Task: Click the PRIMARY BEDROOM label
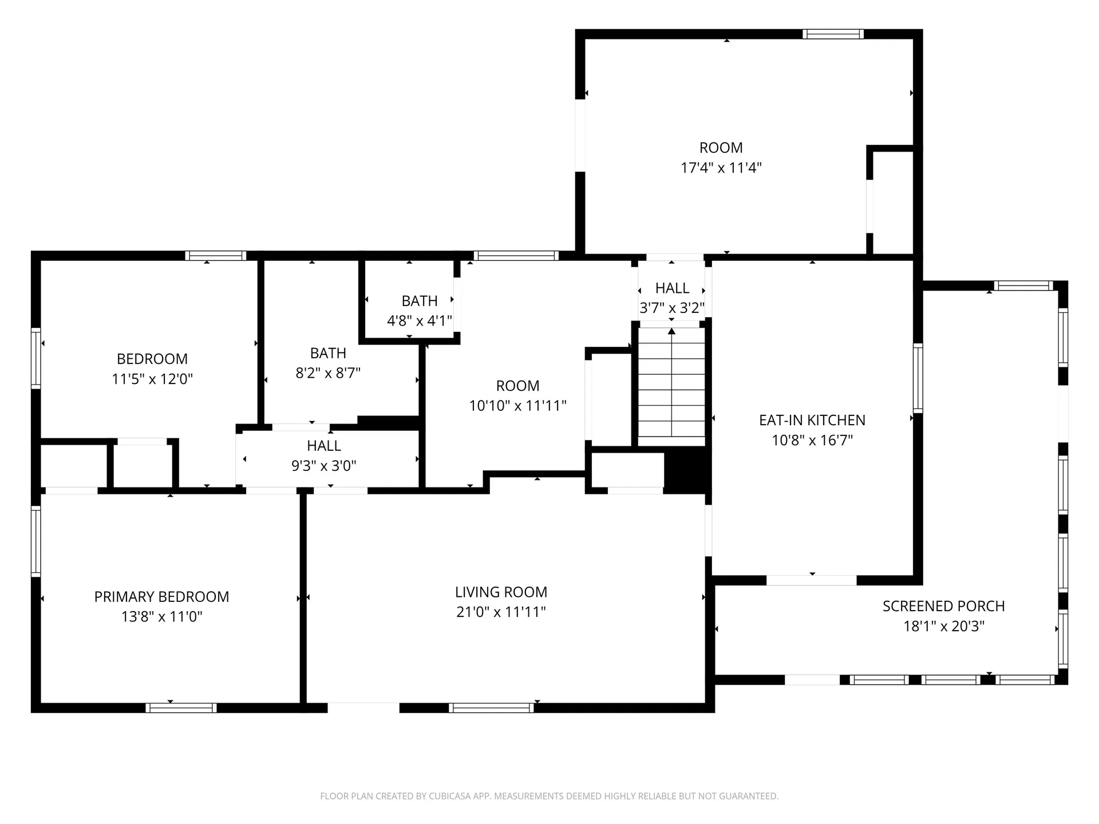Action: tap(161, 596)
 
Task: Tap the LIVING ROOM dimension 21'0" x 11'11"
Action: tap(501, 612)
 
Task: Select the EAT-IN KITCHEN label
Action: tap(812, 420)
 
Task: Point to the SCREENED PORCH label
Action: tap(943, 606)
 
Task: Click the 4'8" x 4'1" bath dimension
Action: tap(420, 321)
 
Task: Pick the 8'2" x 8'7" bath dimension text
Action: tap(328, 373)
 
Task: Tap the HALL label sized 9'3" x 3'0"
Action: tap(323, 445)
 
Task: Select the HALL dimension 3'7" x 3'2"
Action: tap(672, 308)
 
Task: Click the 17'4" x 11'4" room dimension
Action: tap(721, 168)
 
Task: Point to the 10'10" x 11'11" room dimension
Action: tap(517, 406)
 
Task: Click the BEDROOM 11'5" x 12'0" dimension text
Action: tap(152, 379)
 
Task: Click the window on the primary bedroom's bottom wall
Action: tap(181, 708)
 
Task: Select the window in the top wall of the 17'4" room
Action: tap(832, 34)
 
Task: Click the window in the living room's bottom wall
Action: tap(491, 708)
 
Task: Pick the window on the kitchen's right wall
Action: tap(918, 378)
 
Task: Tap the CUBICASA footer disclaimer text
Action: tap(549, 796)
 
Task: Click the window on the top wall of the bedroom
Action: tap(216, 256)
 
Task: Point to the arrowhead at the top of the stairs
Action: tap(671, 331)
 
